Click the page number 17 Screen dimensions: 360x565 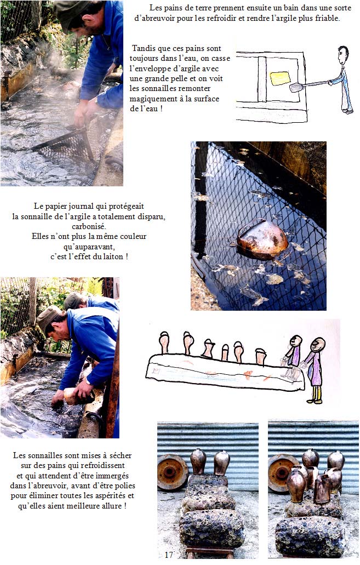click(x=169, y=555)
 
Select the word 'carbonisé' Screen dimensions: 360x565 click(x=89, y=226)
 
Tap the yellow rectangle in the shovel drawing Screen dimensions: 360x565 click(x=280, y=78)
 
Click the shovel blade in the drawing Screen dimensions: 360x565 click(x=297, y=87)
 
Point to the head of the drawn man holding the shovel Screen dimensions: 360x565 click(x=343, y=55)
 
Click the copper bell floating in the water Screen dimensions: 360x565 click(x=262, y=239)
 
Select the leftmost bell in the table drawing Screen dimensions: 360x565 click(x=164, y=343)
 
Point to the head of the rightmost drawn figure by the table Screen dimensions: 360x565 click(x=318, y=345)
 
